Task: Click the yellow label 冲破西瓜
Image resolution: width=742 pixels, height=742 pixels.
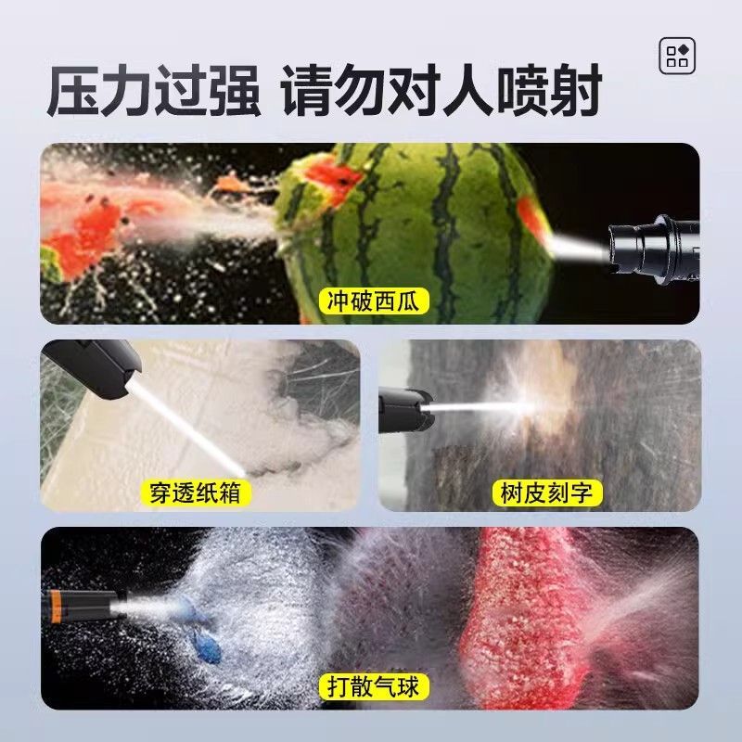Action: coord(373,301)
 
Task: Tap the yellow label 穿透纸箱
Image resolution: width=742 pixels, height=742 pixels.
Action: coord(196,493)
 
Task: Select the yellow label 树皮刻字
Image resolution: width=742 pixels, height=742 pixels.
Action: coord(547,493)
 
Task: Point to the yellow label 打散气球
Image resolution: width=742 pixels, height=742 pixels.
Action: coord(374,686)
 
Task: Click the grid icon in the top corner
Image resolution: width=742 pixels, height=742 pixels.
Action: coord(677,56)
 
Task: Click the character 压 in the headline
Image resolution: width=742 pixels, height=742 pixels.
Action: coord(73,90)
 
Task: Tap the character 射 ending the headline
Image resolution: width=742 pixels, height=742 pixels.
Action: coord(575,90)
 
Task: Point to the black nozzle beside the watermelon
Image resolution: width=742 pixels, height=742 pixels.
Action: coord(653,249)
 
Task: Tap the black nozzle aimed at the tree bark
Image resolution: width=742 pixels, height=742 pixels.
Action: coord(404,410)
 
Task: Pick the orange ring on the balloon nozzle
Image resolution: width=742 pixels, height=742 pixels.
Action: coord(56,606)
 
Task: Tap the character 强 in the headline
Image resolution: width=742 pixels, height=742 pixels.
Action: coord(235,90)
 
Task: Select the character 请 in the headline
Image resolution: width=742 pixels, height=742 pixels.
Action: coord(308,90)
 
